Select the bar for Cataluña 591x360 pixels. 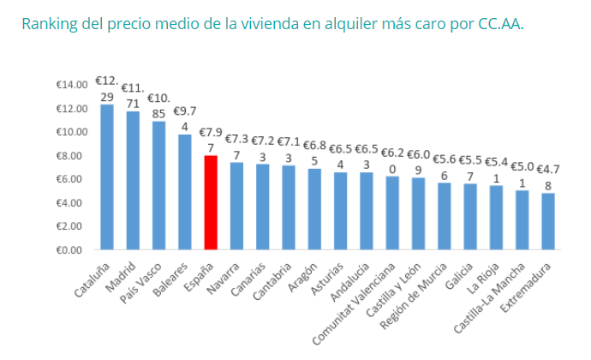pyautogui.click(x=107, y=177)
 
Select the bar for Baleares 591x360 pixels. pyautogui.click(x=184, y=192)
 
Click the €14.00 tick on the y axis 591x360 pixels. pyautogui.click(x=72, y=85)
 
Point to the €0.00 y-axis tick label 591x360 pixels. pyautogui.click(x=74, y=249)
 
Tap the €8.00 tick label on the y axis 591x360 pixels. pyautogui.click(x=74, y=155)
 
